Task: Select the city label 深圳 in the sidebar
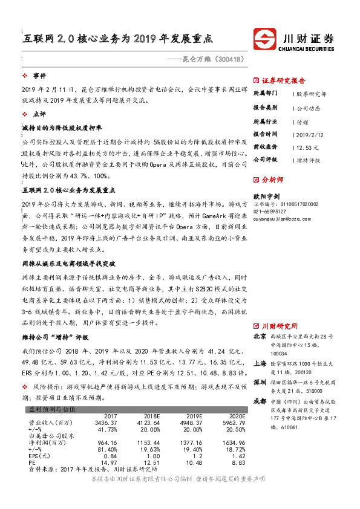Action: pos(260,383)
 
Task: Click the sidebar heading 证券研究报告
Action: pos(283,80)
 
